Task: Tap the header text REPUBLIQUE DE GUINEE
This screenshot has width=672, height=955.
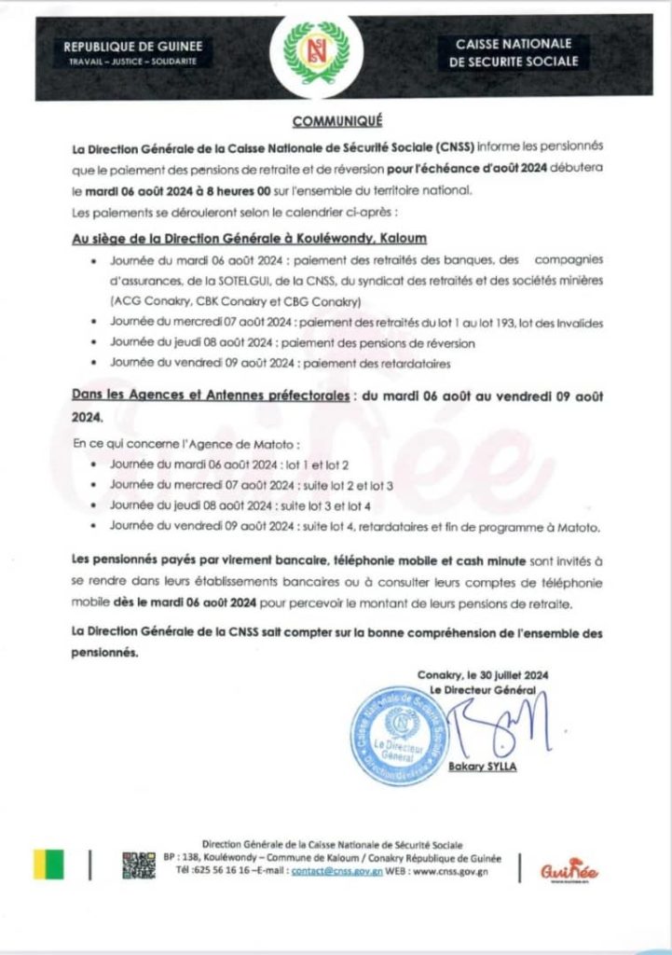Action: [x=131, y=47]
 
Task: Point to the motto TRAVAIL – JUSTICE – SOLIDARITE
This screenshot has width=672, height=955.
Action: [x=132, y=62]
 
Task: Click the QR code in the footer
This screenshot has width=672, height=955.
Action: [x=140, y=865]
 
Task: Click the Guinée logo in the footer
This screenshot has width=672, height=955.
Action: [x=569, y=869]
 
